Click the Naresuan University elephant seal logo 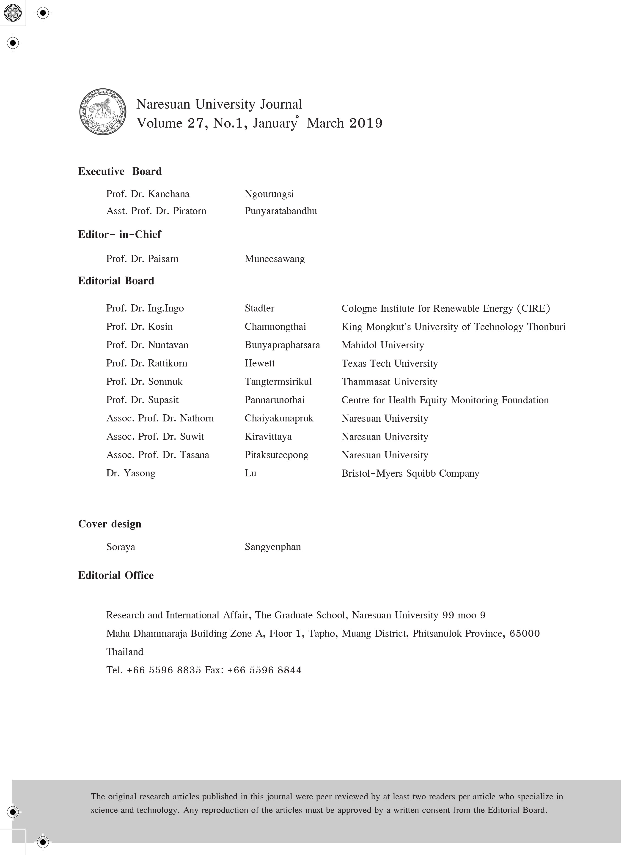tap(103, 112)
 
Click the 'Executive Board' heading tap(120, 172)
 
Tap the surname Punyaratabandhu tap(280, 211)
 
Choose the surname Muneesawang tap(274, 259)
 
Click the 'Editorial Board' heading tap(116, 281)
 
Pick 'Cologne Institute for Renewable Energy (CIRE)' tap(445, 308)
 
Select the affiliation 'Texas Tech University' tap(389, 363)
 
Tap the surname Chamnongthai tap(275, 327)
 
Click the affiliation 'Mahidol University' tap(382, 345)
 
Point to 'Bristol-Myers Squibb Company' tap(410, 473)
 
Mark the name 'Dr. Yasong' tap(131, 473)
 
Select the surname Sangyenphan tap(272, 547)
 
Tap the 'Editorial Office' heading tap(116, 575)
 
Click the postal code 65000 tap(525, 634)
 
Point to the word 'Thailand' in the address tap(124, 652)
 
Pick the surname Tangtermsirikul tap(278, 382)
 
